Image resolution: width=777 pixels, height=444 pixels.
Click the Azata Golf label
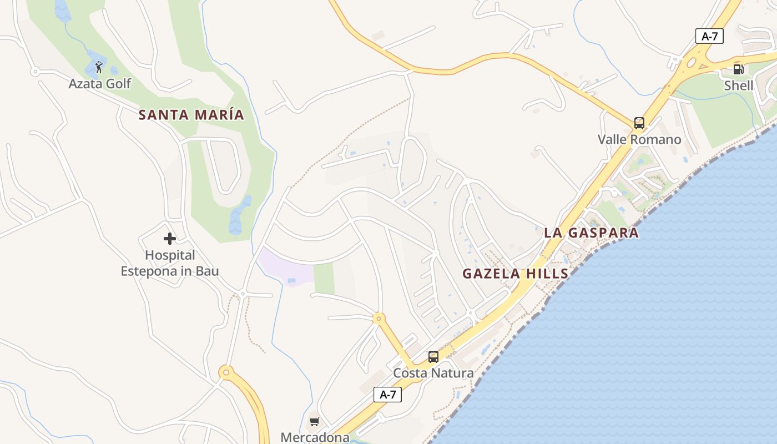(x=100, y=84)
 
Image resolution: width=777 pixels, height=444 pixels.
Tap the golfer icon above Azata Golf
(x=99, y=68)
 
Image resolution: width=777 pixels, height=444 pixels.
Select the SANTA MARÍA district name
(x=191, y=115)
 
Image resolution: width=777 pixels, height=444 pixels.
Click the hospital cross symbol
(x=170, y=239)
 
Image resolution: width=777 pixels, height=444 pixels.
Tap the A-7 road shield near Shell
(x=709, y=37)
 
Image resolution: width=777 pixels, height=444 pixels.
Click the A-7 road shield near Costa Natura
(x=387, y=395)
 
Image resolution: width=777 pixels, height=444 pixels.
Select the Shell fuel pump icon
(x=738, y=69)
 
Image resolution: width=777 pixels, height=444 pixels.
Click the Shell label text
(x=739, y=85)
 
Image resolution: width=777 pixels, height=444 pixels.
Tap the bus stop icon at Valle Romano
(x=639, y=123)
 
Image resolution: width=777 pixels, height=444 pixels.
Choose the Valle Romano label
(x=639, y=139)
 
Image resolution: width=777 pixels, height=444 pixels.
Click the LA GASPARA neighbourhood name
(x=591, y=233)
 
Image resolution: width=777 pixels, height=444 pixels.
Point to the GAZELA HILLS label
(x=516, y=274)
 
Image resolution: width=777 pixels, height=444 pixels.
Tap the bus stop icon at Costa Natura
(x=433, y=357)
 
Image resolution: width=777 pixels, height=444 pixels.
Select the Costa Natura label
(x=433, y=373)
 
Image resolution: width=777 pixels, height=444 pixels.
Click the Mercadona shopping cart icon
(x=315, y=422)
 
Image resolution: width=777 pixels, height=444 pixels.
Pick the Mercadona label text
(x=315, y=437)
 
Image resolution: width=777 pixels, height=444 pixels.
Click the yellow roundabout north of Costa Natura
(x=379, y=319)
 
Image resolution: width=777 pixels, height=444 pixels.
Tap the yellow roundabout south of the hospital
(x=225, y=372)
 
